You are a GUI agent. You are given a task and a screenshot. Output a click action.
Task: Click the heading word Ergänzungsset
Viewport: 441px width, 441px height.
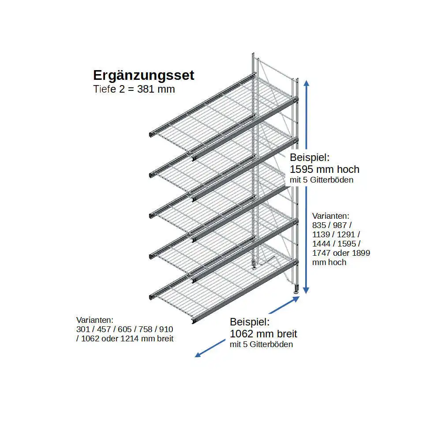click(143, 75)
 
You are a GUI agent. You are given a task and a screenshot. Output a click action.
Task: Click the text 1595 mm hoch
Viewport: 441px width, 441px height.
click(325, 169)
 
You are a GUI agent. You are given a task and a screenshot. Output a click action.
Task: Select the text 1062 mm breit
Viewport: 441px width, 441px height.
click(263, 333)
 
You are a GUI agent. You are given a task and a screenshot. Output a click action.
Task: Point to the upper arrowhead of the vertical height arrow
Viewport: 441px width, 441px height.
click(307, 82)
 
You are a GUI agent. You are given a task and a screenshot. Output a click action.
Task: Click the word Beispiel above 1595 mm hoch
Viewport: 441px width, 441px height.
click(310, 157)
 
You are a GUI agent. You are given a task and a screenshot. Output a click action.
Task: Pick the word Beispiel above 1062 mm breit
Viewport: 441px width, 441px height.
click(250, 322)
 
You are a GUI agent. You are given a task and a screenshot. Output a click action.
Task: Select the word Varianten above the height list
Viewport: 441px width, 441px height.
click(331, 216)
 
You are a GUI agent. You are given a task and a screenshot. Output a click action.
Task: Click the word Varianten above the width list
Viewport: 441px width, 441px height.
click(95, 320)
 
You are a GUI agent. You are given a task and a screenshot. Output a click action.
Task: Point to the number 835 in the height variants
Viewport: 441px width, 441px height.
click(319, 225)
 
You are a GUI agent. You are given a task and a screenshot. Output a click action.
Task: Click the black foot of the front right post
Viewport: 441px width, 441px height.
click(296, 291)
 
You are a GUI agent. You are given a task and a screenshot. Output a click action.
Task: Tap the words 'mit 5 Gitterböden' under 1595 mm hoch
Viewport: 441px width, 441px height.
click(321, 180)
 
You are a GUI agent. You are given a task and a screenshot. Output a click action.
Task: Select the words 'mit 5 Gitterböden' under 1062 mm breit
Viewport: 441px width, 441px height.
click(261, 344)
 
